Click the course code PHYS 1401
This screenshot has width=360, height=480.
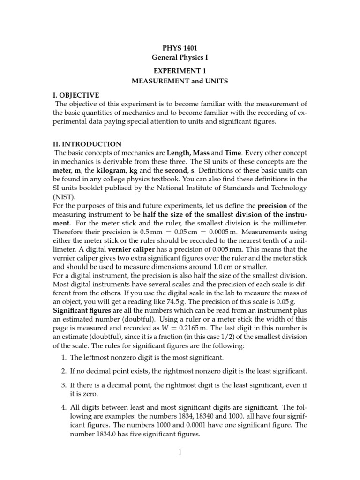[180, 48]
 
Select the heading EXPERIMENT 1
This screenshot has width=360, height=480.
[180, 71]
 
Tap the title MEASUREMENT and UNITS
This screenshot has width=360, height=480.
[180, 81]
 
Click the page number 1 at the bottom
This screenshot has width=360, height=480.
[180, 452]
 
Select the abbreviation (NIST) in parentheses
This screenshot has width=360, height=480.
[63, 197]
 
